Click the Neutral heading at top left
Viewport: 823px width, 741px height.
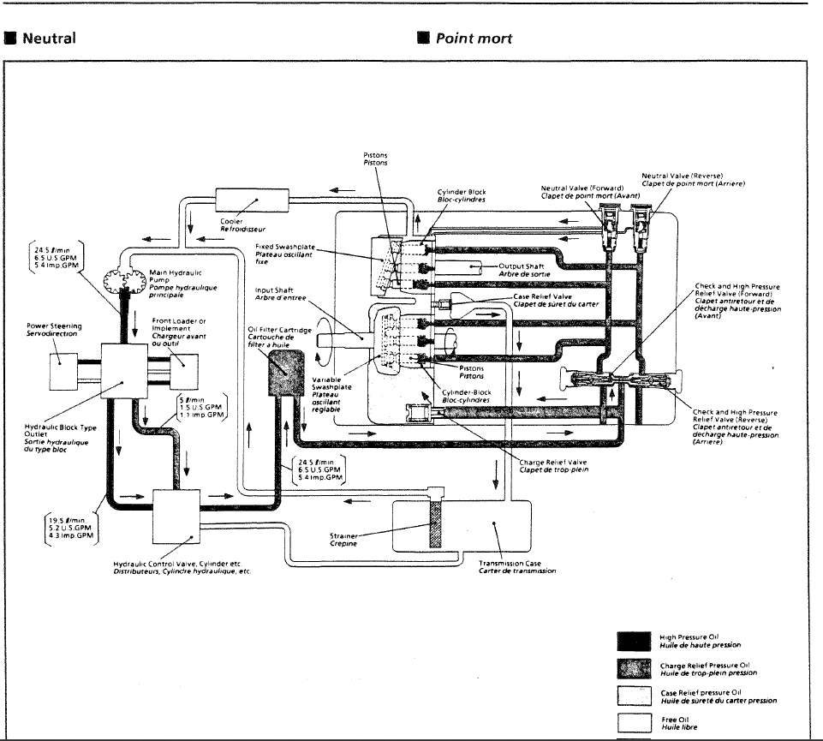click(48, 39)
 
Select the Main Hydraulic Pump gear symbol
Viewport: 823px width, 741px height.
click(125, 282)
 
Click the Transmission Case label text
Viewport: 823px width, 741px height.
click(515, 566)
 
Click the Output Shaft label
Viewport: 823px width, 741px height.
click(521, 269)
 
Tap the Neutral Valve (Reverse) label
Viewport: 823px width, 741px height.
click(693, 179)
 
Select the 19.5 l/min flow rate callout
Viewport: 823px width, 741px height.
click(73, 529)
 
